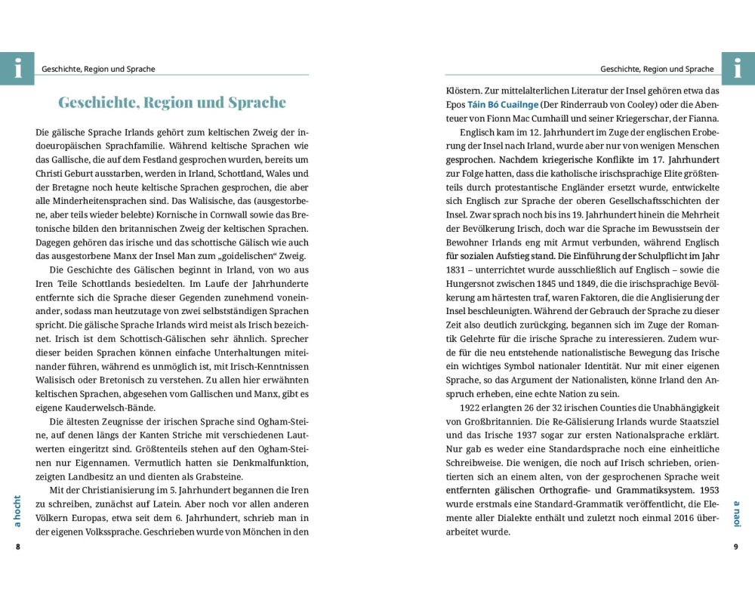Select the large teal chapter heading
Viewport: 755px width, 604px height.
(172, 103)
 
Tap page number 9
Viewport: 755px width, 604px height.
(735, 547)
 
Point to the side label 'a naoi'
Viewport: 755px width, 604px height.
(736, 513)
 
